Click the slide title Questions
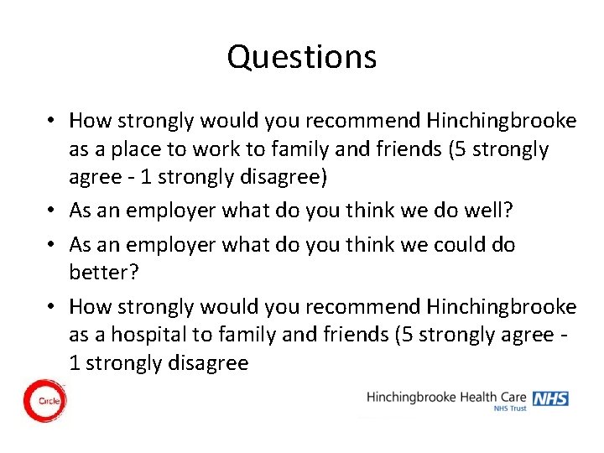(x=302, y=57)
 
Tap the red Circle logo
(x=44, y=400)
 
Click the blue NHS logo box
(x=550, y=398)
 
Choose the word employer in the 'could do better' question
(x=166, y=245)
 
